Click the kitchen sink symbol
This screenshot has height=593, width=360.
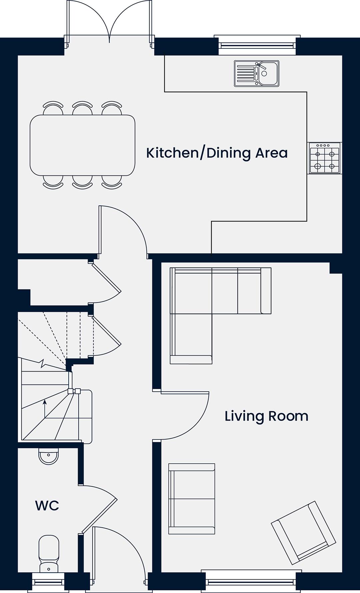click(256, 74)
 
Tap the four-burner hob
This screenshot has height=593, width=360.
click(324, 158)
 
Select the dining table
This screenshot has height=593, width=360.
click(82, 145)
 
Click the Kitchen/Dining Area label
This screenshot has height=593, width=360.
click(217, 153)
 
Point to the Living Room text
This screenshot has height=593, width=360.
click(266, 416)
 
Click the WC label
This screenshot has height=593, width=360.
click(47, 506)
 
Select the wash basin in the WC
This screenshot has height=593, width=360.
click(49, 456)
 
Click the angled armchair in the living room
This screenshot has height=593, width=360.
click(303, 533)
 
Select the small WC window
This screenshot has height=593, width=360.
click(49, 582)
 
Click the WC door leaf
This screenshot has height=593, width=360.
click(100, 516)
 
